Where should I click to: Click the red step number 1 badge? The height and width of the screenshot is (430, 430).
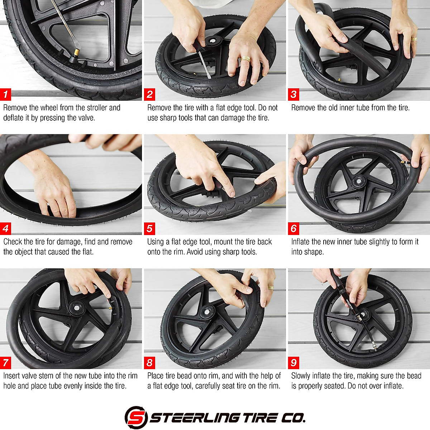coord(6,95)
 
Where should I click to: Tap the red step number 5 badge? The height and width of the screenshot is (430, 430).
coord(150,229)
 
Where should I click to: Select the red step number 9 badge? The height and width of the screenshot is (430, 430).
coord(294,363)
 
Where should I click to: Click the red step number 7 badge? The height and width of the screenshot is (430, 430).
coord(6,363)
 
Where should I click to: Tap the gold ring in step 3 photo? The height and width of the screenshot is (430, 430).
coord(414,39)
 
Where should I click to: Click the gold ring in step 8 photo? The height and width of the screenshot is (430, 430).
coord(271,287)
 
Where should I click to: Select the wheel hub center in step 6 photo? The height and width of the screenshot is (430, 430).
coord(357,181)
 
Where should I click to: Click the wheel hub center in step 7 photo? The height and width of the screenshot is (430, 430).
coord(76,307)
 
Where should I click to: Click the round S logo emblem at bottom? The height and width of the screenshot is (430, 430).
coord(136,417)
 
